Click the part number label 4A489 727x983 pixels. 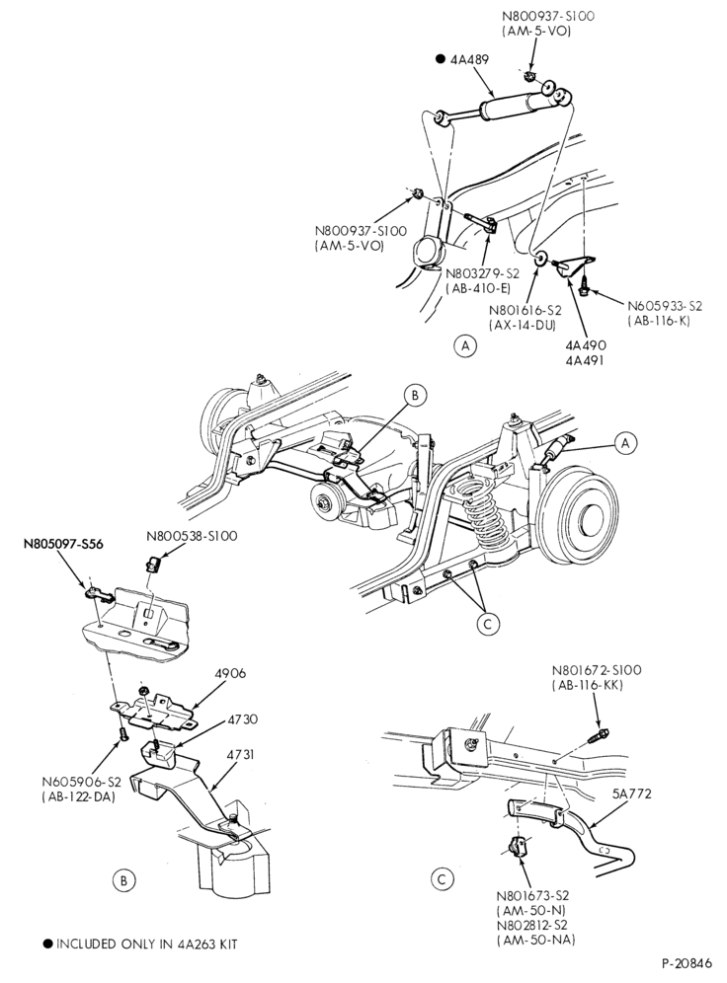[469, 59]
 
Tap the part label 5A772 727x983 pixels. [630, 794]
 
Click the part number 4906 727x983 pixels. [230, 673]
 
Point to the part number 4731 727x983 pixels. [242, 754]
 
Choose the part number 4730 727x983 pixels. [243, 719]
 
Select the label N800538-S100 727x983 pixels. [192, 536]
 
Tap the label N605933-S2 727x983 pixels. [665, 306]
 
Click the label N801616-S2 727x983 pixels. [525, 310]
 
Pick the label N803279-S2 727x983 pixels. [482, 274]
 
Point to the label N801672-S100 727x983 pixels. [597, 669]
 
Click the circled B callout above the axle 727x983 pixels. [415, 396]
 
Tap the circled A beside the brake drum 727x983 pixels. [625, 443]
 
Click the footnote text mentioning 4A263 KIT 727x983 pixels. [141, 944]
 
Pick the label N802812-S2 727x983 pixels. [533, 925]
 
